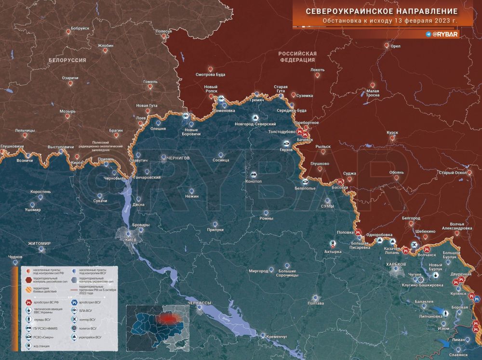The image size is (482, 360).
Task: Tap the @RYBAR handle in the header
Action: pyautogui.click(x=446, y=35)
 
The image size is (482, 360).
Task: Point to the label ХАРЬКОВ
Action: pyautogui.click(x=396, y=265)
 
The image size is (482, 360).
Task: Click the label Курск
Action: pyautogui.click(x=392, y=133)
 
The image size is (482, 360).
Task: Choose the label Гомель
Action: pyautogui.click(x=150, y=81)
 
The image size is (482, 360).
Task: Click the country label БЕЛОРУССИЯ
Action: pyautogui.click(x=67, y=60)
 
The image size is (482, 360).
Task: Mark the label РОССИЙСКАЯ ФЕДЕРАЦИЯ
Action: pyautogui.click(x=297, y=56)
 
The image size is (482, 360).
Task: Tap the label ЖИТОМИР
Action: pyautogui.click(x=39, y=243)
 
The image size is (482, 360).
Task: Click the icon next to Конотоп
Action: pyautogui.click(x=253, y=174)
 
